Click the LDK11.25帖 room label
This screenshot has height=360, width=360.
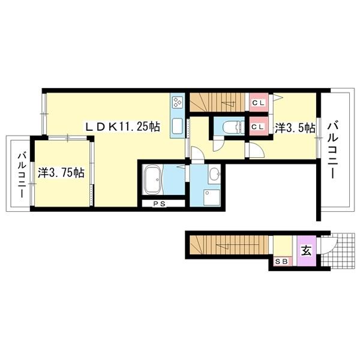tap(122, 127)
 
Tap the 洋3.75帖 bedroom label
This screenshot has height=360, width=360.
tap(61, 173)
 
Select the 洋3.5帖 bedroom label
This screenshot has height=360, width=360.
tap(295, 128)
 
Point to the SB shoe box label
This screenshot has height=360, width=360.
tap(281, 262)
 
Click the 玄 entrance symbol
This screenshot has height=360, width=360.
tap(306, 251)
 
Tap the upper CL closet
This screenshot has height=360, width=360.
tap(259, 103)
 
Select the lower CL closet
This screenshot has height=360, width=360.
tap(259, 126)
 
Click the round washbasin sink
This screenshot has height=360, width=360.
tap(215, 174)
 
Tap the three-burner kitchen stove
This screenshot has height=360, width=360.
tap(178, 103)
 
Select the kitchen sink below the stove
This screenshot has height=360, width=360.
tap(178, 127)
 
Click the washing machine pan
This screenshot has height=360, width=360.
tap(212, 197)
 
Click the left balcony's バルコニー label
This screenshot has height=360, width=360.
tap(22, 176)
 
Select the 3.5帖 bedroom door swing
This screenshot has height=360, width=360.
tap(257, 151)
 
